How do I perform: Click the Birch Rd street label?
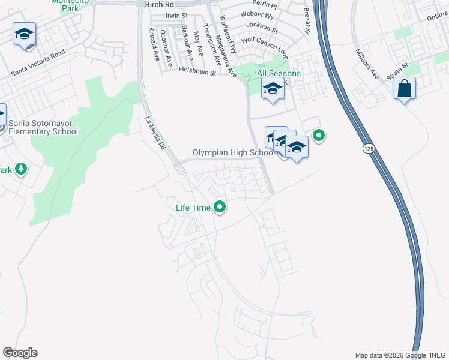point(159,4)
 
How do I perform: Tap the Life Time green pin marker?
point(220,208)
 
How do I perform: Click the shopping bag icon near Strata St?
point(405,88)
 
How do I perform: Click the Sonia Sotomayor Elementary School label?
point(43,127)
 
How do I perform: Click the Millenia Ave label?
point(367,64)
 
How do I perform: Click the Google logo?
point(20,353)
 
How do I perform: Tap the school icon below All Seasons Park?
point(273,89)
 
